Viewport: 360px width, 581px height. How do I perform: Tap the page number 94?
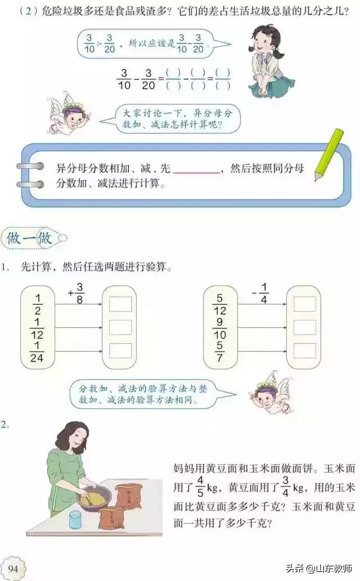pyautogui.click(x=14, y=569)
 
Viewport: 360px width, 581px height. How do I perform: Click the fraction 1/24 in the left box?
pyautogui.click(x=38, y=352)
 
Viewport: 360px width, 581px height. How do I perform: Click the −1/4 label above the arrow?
pyautogui.click(x=260, y=292)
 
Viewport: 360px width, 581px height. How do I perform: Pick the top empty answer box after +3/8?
pyautogui.click(x=120, y=304)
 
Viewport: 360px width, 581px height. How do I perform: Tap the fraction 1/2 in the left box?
pyautogui.click(x=38, y=304)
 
